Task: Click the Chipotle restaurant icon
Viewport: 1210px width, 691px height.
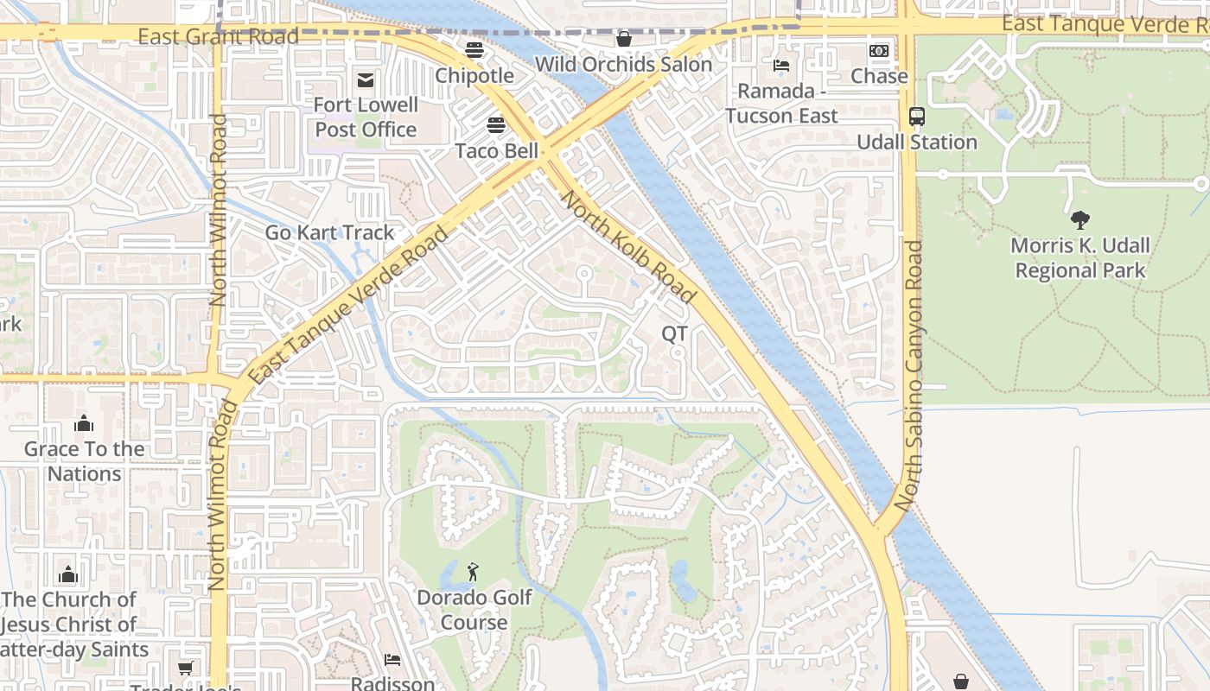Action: pyautogui.click(x=474, y=50)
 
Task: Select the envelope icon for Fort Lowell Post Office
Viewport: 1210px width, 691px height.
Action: pyautogui.click(x=366, y=80)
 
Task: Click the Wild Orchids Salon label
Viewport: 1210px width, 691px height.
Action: pyautogui.click(x=623, y=64)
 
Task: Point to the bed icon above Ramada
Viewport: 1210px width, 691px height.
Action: pyautogui.click(x=781, y=66)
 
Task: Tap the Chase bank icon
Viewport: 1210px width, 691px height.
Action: pyautogui.click(x=879, y=51)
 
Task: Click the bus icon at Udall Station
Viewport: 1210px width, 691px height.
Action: pyautogui.click(x=917, y=117)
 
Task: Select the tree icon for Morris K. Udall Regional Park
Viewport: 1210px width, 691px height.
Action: pyautogui.click(x=1079, y=220)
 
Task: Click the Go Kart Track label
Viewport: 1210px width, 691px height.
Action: pyautogui.click(x=329, y=232)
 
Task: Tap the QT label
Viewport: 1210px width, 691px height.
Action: pyautogui.click(x=675, y=333)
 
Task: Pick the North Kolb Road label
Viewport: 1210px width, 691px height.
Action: pyautogui.click(x=628, y=247)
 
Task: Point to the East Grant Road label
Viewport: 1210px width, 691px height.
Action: pyautogui.click(x=218, y=36)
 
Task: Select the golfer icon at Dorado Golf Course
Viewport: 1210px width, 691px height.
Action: pyautogui.click(x=473, y=572)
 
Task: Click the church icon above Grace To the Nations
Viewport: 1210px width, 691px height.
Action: pyautogui.click(x=84, y=423)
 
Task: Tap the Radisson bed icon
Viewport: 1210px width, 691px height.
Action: pyautogui.click(x=392, y=660)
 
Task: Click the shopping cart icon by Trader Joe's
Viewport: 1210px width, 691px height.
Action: pyautogui.click(x=185, y=668)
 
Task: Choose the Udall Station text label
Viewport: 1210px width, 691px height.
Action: pyautogui.click(x=917, y=142)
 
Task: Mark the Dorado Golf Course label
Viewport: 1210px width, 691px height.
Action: pyautogui.click(x=474, y=610)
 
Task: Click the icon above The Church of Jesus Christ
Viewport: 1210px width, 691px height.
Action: pyautogui.click(x=68, y=574)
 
